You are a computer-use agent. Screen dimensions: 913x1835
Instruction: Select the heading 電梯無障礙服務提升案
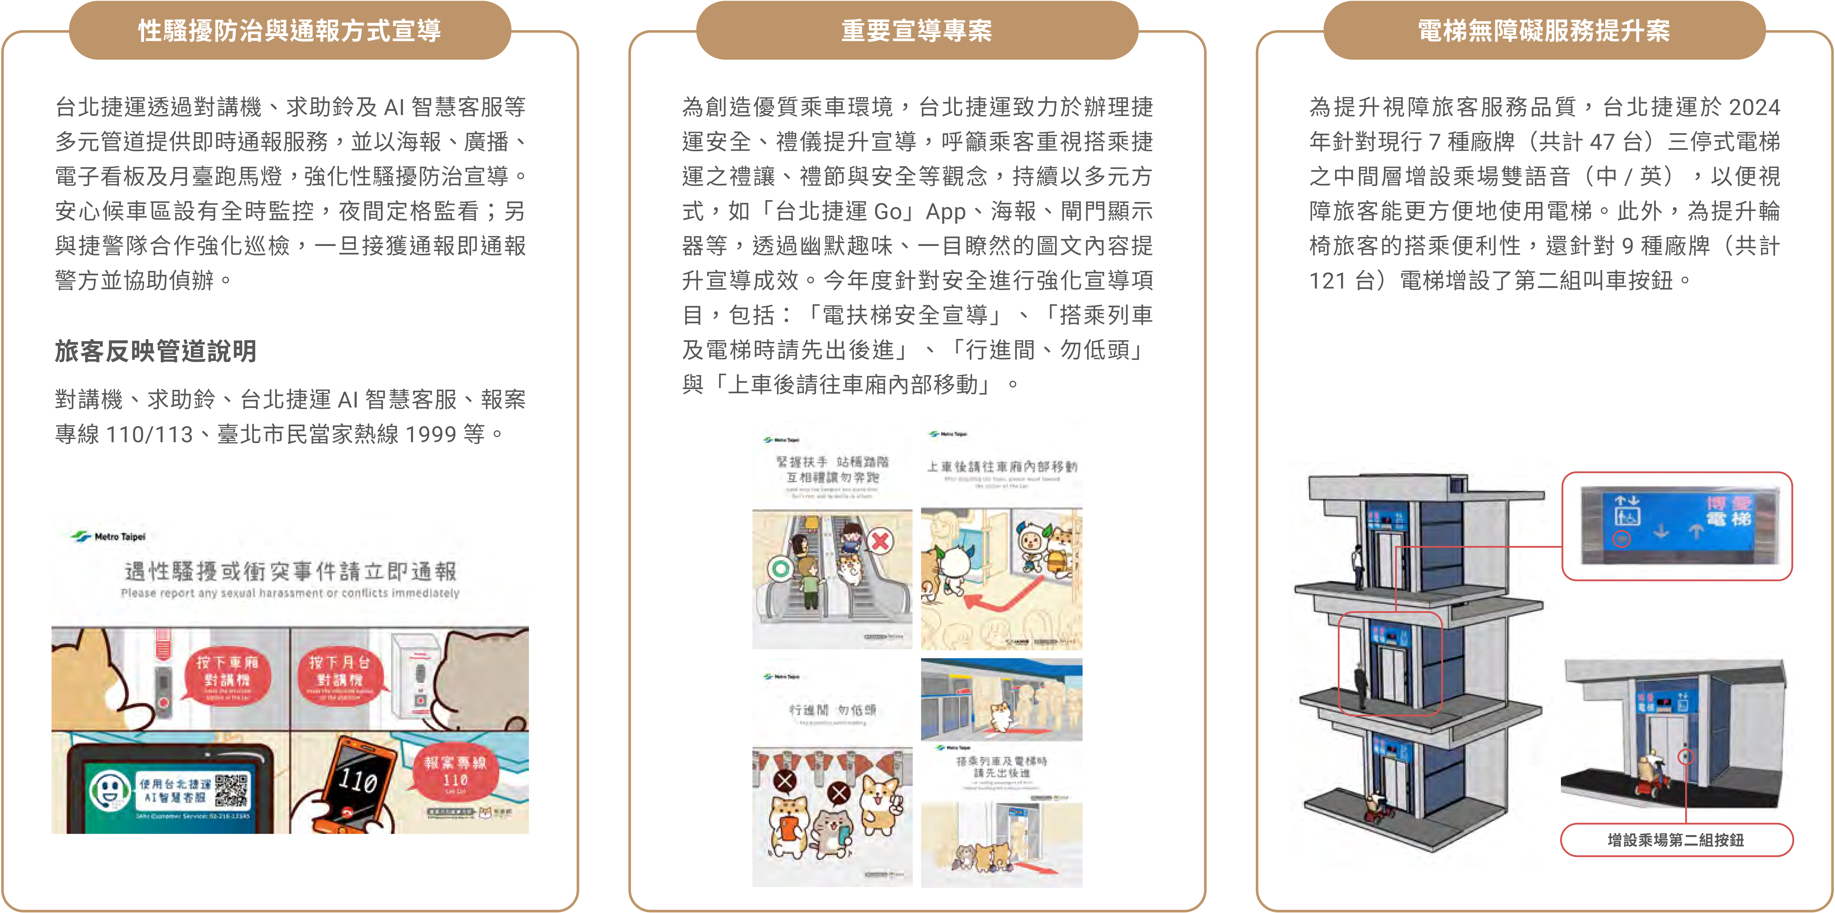click(x=1544, y=31)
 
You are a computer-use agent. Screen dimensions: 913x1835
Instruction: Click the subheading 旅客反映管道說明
click(x=155, y=351)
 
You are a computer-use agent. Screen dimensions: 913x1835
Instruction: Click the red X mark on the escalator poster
click(x=880, y=540)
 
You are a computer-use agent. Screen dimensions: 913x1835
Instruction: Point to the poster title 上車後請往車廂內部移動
click(x=1002, y=467)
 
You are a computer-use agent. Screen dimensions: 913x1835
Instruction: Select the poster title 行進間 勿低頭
click(x=832, y=710)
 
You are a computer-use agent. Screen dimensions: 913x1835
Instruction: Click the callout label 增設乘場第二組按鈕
click(x=1675, y=840)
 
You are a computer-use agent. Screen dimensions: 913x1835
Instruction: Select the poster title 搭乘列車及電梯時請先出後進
click(x=1002, y=767)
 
